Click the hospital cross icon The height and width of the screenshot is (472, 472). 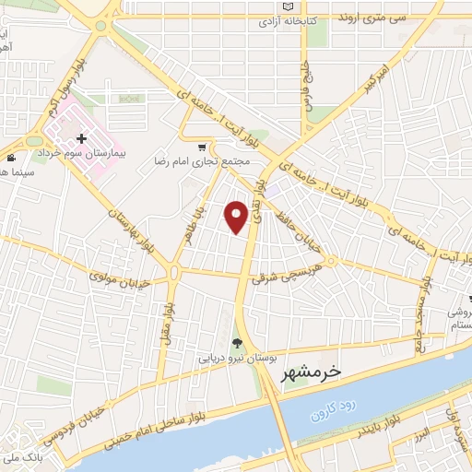point(82,137)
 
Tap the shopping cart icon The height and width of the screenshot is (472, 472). point(202,147)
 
